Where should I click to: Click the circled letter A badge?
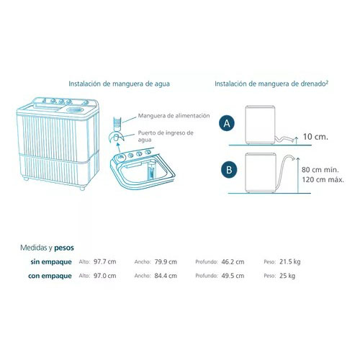coord(227,123)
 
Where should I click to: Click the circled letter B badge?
coord(229,170)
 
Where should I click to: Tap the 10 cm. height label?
coord(315,137)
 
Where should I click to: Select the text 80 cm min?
coord(320,170)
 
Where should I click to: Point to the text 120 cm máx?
coord(323,179)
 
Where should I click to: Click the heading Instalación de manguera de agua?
coord(119,84)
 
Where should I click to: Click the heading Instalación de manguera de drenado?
coord(271,84)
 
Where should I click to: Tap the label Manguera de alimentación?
coord(174,116)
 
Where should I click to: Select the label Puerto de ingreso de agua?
coord(166,136)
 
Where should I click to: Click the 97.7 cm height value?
coord(105,261)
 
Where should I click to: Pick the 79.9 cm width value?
coord(166,261)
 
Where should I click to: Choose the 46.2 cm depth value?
coord(233,261)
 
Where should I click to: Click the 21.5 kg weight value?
coord(290,262)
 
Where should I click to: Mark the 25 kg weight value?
coord(287,276)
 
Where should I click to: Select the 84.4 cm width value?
coord(166,276)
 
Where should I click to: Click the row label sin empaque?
coord(51,262)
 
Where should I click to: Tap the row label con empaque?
coord(50,276)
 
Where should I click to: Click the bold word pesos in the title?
coord(64,248)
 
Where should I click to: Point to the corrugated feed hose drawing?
coord(117,124)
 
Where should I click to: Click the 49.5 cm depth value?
coord(233,276)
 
